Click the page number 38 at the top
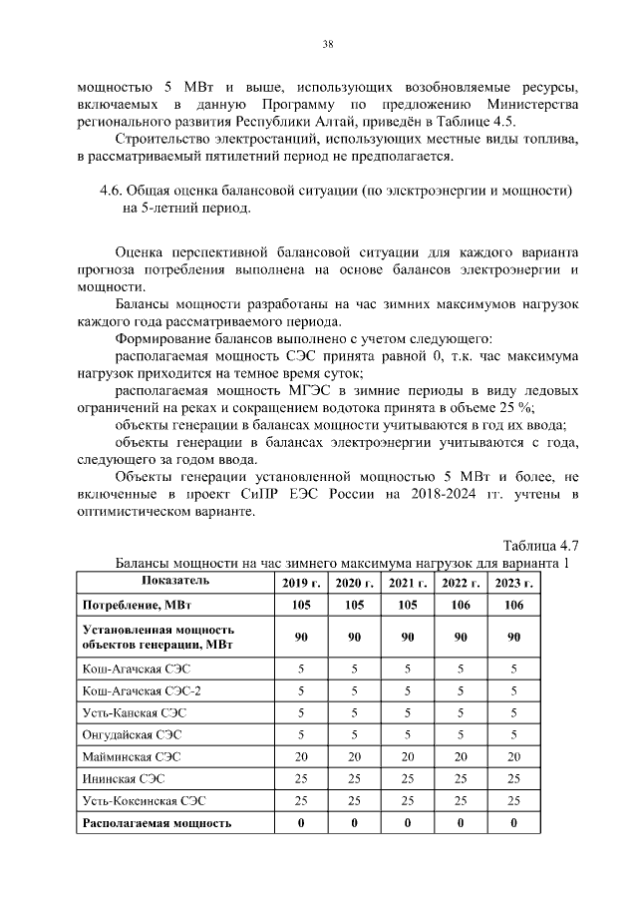327,43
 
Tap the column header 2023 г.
513,583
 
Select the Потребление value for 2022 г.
461,605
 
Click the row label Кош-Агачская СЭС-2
132,690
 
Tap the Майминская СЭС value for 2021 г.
408,757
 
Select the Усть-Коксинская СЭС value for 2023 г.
513,801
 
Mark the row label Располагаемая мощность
157,823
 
